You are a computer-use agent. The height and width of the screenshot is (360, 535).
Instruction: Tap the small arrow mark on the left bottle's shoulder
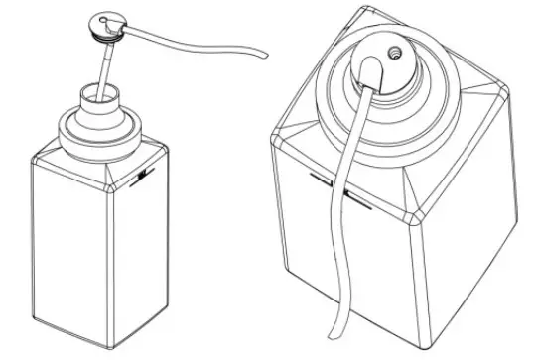(x=146, y=177)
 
